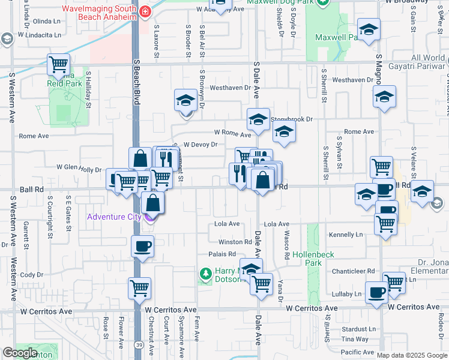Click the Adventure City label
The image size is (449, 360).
(x=113, y=217)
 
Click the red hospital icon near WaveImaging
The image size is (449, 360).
(x=145, y=12)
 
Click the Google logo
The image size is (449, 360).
(x=20, y=353)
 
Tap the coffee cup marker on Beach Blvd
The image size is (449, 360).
(x=142, y=246)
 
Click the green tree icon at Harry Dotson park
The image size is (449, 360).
(x=205, y=274)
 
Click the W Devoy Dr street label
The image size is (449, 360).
(x=200, y=145)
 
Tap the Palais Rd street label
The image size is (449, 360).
(x=221, y=254)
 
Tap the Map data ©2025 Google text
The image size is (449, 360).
(x=412, y=355)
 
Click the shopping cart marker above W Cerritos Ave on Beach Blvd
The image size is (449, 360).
(x=139, y=287)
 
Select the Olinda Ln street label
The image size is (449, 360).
(x=47, y=20)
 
